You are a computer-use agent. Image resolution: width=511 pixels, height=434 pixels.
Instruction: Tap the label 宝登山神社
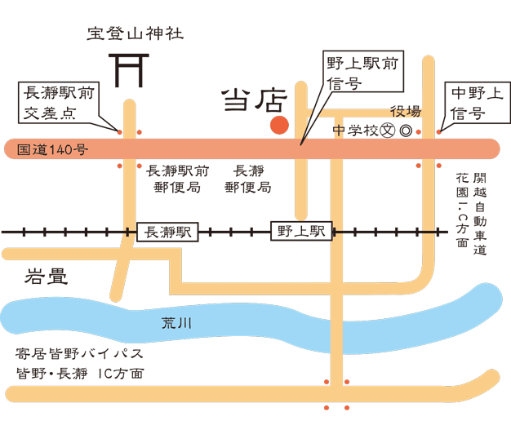(136, 33)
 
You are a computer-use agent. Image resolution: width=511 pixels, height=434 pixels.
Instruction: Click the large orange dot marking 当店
(279, 125)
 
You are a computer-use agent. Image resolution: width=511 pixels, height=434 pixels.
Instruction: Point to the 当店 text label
(254, 101)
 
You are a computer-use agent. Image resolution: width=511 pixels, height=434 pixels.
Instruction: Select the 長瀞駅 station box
(167, 232)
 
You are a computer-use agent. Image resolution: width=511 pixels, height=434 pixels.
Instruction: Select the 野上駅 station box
(300, 232)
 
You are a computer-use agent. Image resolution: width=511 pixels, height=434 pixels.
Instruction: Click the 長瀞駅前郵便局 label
(177, 179)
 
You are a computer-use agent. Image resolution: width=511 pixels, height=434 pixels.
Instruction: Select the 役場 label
(406, 112)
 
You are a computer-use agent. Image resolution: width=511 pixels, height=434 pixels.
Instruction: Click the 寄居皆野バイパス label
(79, 354)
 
